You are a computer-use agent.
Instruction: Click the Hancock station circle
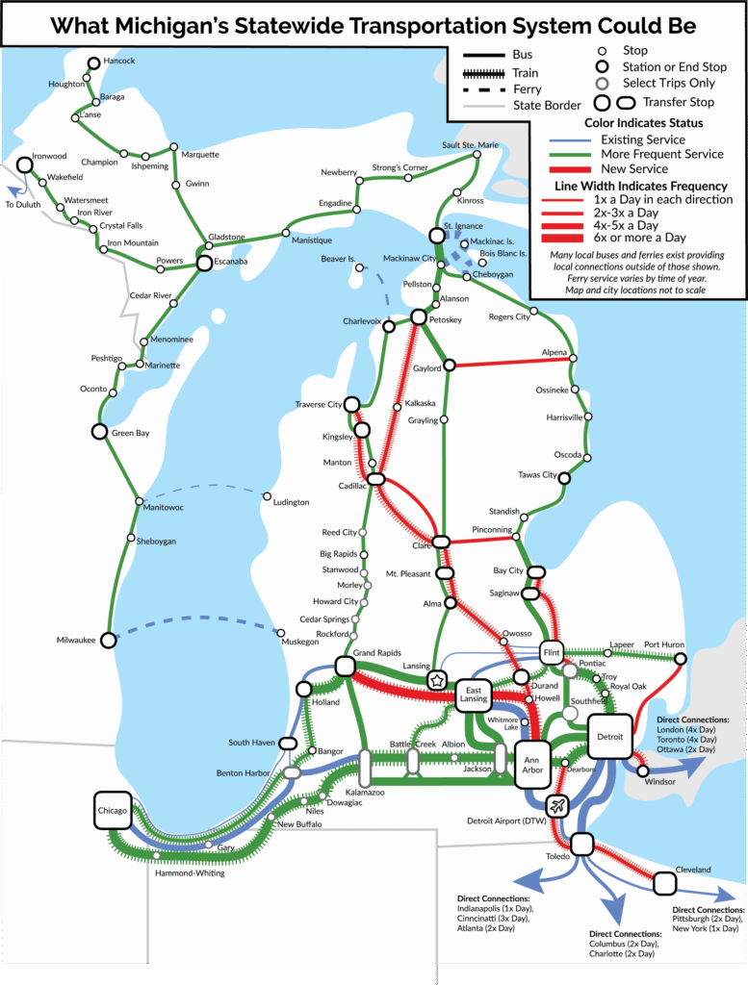coord(93,63)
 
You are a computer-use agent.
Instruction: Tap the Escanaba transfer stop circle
coord(204,262)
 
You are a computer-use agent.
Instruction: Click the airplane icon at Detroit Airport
coord(557,804)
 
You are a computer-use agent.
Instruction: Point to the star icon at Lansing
coord(437,680)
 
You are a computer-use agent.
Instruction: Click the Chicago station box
coord(112,811)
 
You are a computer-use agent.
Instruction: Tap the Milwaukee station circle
coord(109,640)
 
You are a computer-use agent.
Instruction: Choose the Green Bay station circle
coord(98,432)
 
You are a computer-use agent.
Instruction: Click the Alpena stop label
coord(555,353)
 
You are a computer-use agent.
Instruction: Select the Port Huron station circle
coord(680,659)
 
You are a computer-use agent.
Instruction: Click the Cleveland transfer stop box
coord(664,882)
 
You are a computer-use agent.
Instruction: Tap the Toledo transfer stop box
coord(581,844)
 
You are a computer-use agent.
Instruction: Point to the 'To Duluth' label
coord(24,205)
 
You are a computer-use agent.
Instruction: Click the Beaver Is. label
coord(339,260)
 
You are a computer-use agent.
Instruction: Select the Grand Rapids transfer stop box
coord(345,666)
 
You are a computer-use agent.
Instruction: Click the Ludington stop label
coord(291,502)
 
